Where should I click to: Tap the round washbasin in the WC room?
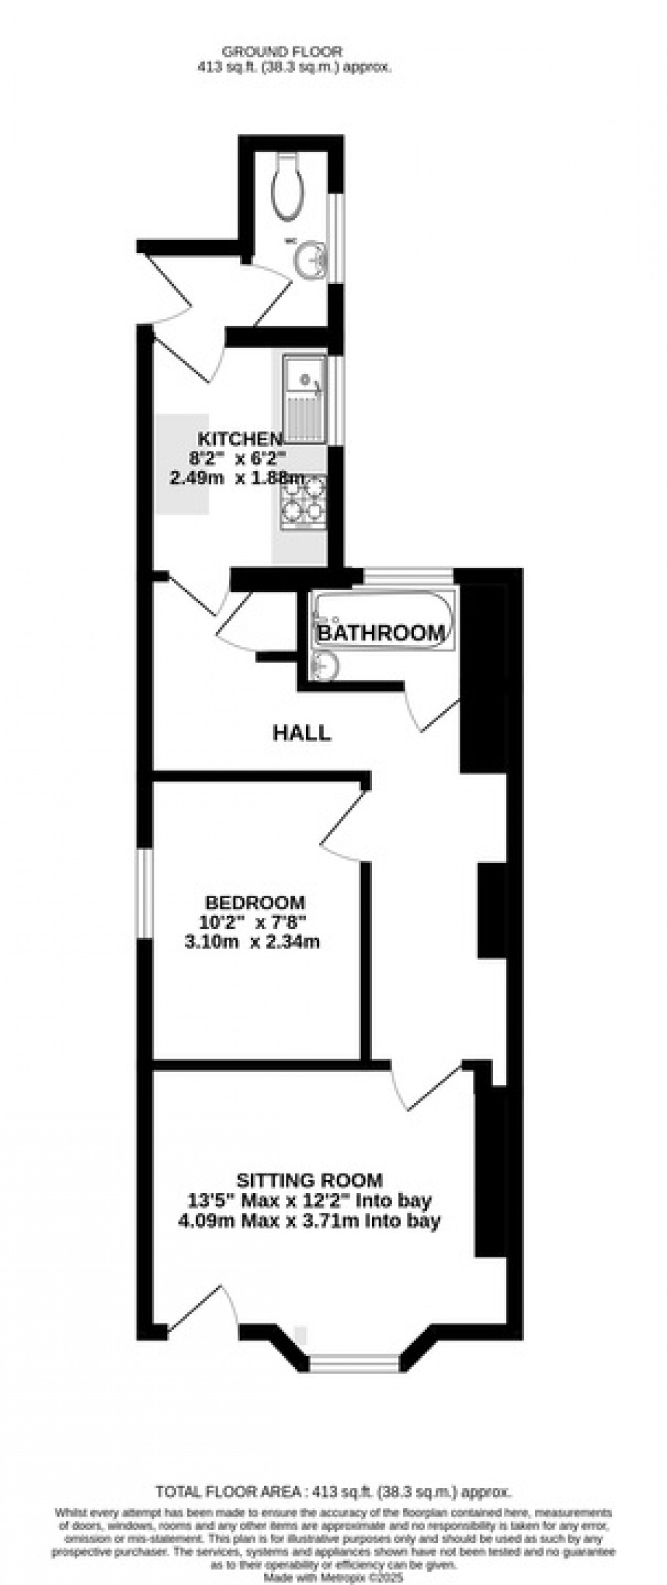coord(309,260)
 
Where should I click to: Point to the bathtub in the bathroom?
coord(381,621)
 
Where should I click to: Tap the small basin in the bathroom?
coord(324,666)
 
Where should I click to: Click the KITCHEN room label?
coord(240,438)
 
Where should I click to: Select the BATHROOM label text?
coord(381,633)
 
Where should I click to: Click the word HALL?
coord(301,733)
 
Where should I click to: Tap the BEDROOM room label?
coord(255,903)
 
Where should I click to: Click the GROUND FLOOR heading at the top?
coord(282,51)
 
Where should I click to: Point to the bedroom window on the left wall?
coord(144,894)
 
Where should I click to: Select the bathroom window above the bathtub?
coord(408,575)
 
